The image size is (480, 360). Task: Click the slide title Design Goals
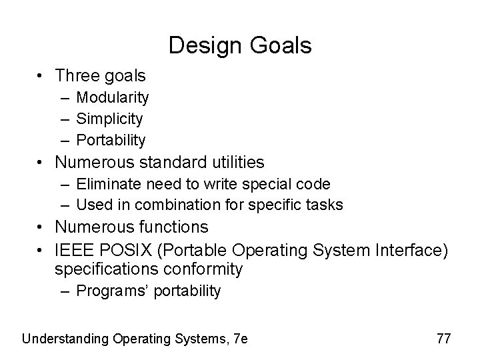[x=240, y=45]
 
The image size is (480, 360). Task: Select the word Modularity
[x=113, y=98]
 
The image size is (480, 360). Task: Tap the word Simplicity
[x=109, y=119]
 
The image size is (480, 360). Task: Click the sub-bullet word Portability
[x=111, y=140]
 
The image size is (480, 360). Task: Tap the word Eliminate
[x=103, y=184]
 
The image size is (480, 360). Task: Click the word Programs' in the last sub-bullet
[x=107, y=291]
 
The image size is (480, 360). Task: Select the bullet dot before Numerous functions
[x=41, y=228]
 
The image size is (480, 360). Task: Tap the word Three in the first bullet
[x=74, y=76]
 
